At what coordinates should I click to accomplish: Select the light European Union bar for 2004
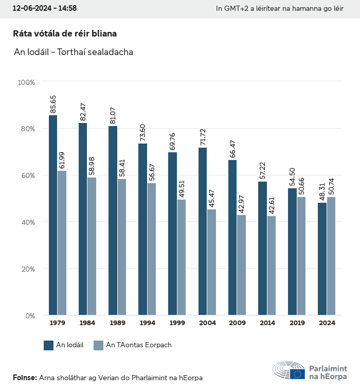tap(211, 262)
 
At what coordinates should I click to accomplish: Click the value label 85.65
tap(53, 104)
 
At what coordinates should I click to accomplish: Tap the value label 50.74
tap(331, 186)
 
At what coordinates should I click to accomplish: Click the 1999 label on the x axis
tap(177, 323)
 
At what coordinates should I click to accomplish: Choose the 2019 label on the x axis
tap(297, 323)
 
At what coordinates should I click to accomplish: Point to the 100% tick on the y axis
tap(26, 82)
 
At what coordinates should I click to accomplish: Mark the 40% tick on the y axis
tap(28, 222)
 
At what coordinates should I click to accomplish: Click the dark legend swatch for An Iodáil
tap(49, 345)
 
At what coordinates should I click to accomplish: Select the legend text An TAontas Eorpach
tap(138, 345)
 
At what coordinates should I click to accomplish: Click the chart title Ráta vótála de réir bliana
tap(65, 33)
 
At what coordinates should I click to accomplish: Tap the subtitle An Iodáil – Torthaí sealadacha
tap(74, 52)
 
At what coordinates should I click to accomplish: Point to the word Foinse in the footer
tap(24, 378)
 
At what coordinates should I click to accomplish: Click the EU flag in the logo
tap(297, 374)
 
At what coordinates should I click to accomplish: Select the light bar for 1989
tap(122, 247)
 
